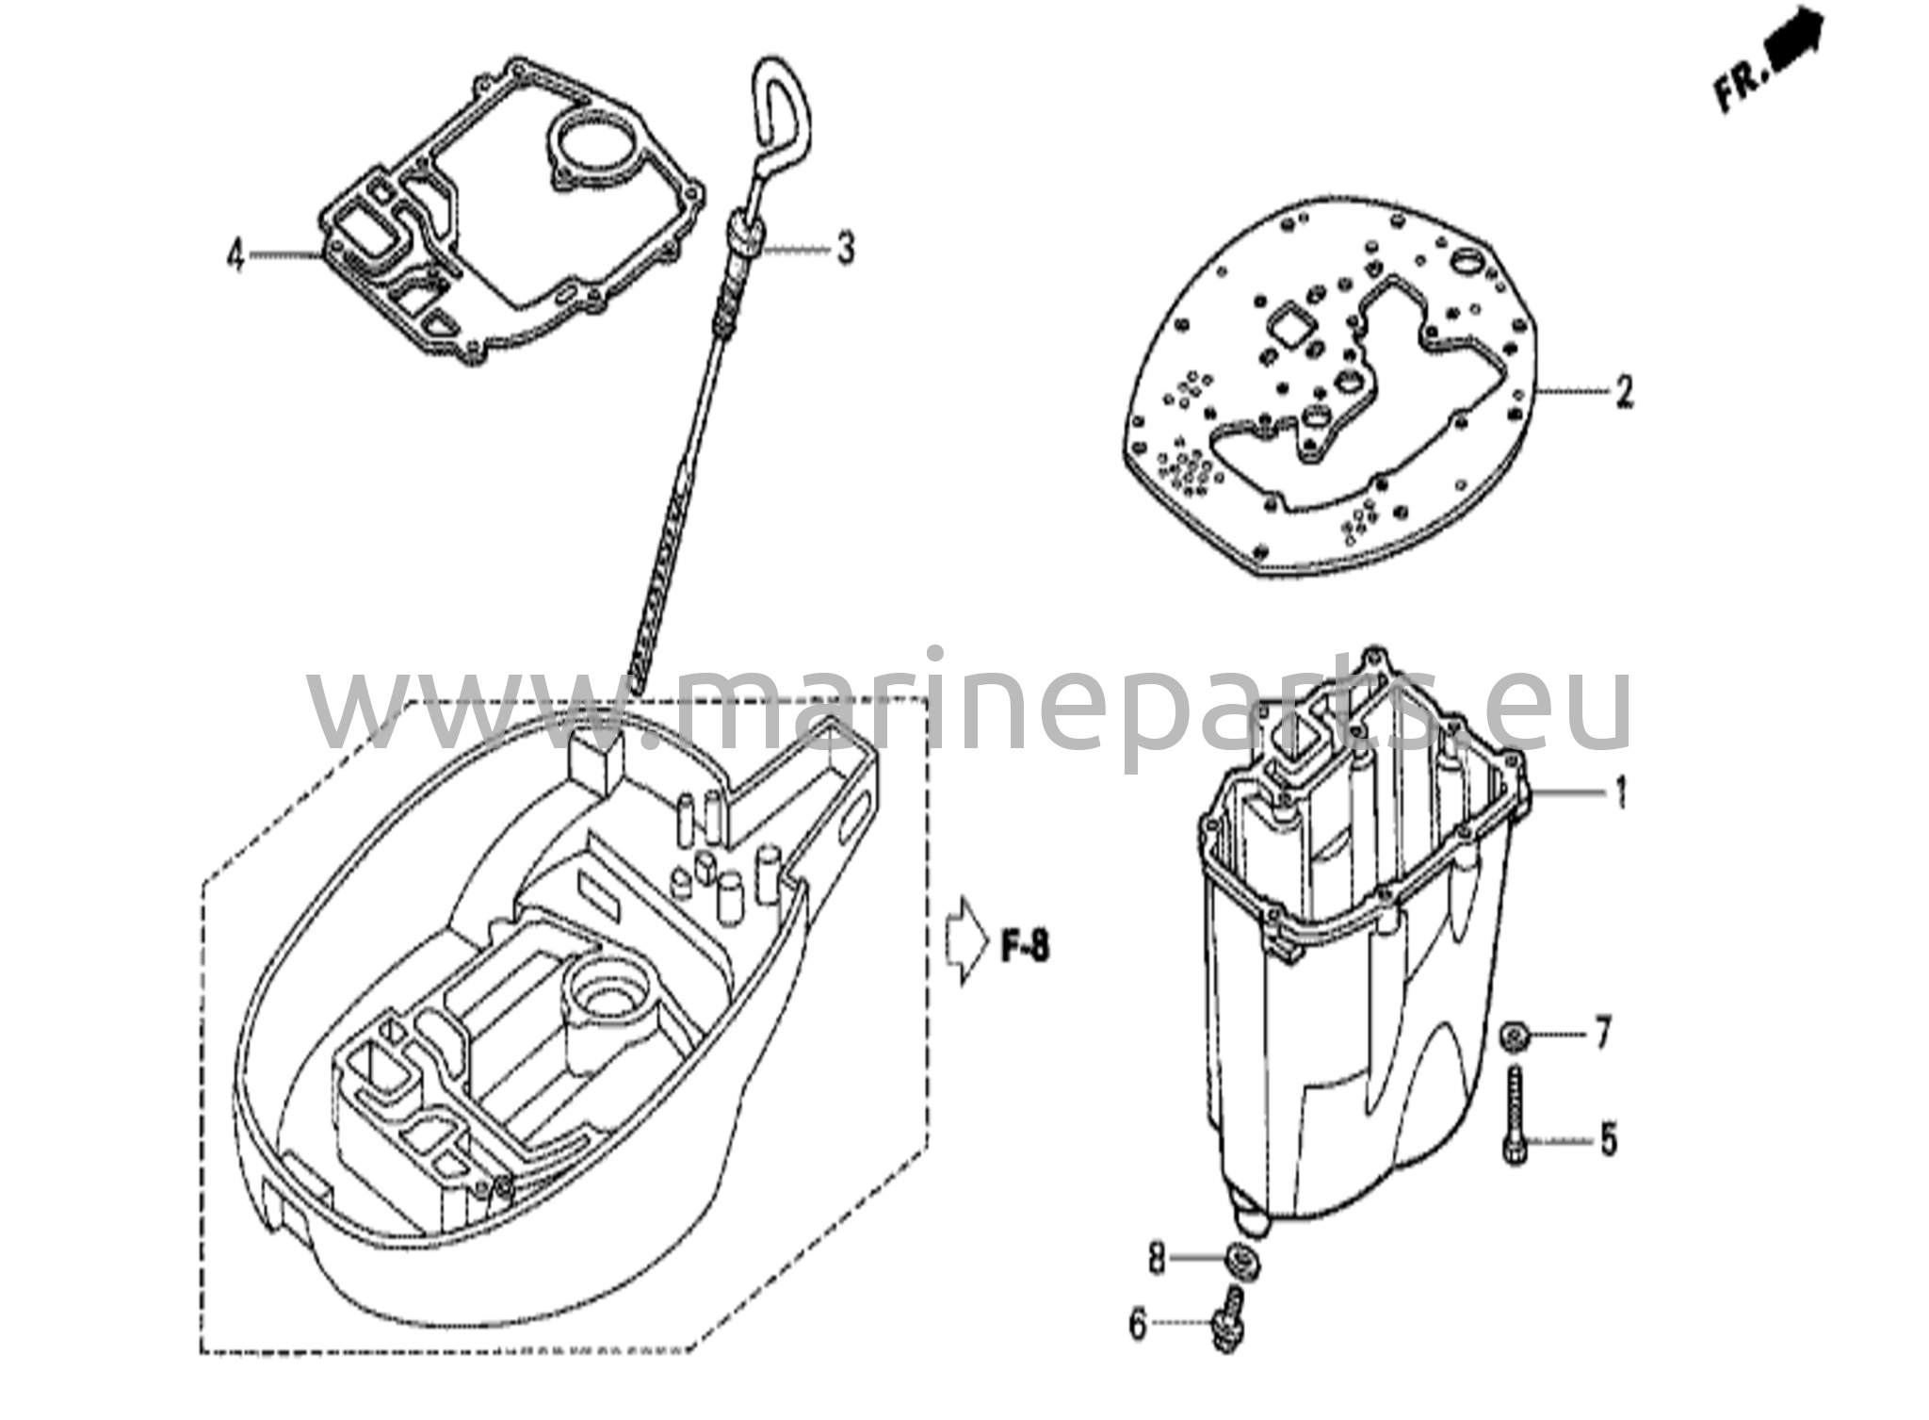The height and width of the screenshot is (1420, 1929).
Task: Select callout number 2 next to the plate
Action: coord(1623,390)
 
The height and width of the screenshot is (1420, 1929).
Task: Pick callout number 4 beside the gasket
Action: coord(236,254)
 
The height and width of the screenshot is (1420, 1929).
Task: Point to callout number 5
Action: coord(1608,1140)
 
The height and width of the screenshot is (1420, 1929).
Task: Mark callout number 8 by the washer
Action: coord(1156,1258)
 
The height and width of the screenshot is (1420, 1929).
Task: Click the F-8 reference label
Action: coord(1025,947)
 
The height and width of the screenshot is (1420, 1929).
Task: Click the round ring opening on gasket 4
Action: coord(588,140)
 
